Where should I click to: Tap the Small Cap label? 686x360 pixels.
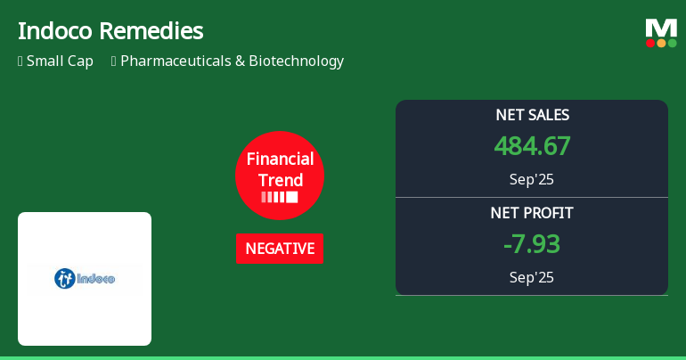pyautogui.click(x=60, y=61)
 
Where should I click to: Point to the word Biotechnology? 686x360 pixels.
pyautogui.click(x=296, y=61)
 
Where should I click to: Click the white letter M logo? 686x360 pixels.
pyautogui.click(x=661, y=28)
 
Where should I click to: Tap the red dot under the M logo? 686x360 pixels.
pyautogui.click(x=650, y=43)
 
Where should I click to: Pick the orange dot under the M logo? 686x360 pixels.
pyautogui.click(x=661, y=43)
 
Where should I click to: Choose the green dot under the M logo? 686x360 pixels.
pyautogui.click(x=672, y=43)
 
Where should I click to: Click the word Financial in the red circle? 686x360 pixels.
pyautogui.click(x=280, y=160)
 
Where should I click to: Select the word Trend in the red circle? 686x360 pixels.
pyautogui.click(x=280, y=180)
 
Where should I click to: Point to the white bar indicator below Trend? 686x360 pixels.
pyautogui.click(x=280, y=197)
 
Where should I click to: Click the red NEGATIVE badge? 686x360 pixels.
pyautogui.click(x=280, y=249)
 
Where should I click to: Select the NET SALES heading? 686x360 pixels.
pyautogui.click(x=532, y=115)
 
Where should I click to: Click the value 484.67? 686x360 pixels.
pyautogui.click(x=532, y=146)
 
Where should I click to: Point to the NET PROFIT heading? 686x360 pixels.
pyautogui.click(x=532, y=213)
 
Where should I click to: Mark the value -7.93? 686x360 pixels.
pyautogui.click(x=532, y=244)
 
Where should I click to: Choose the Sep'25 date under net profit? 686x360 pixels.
pyautogui.click(x=532, y=277)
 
